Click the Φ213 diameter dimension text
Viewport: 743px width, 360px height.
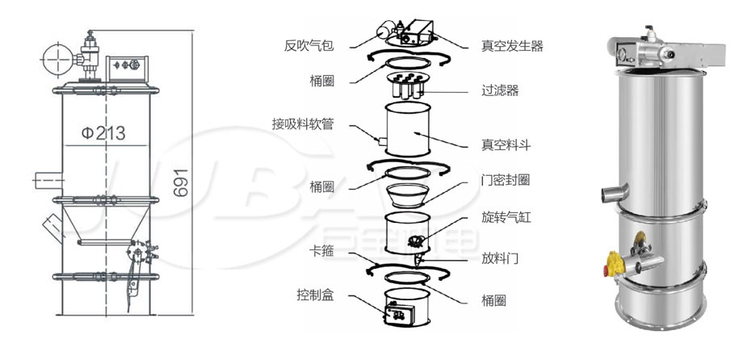tap(103, 133)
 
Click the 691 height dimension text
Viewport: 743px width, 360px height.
tap(181, 183)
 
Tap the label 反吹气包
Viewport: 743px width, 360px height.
tap(309, 45)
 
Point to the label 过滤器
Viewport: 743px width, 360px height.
tap(500, 90)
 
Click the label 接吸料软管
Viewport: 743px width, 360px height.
tap(303, 124)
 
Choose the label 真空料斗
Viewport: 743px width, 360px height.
tap(506, 145)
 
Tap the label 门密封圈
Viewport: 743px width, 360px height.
tap(506, 180)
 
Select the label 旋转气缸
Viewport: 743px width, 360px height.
tap(506, 217)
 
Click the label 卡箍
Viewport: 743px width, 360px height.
tap(321, 250)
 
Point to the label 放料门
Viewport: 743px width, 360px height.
tap(500, 258)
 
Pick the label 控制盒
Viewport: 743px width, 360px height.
tap(315, 295)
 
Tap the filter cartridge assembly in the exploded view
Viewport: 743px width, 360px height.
tap(407, 85)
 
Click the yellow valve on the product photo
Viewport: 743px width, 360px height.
tap(615, 263)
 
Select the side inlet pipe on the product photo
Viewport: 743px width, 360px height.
tap(615, 192)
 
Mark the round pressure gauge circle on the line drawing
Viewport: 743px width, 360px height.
tap(57, 60)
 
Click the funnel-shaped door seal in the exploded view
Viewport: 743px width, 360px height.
tap(407, 195)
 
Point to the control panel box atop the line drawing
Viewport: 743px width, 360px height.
tap(127, 69)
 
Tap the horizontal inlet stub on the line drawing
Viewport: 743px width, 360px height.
tap(48, 181)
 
